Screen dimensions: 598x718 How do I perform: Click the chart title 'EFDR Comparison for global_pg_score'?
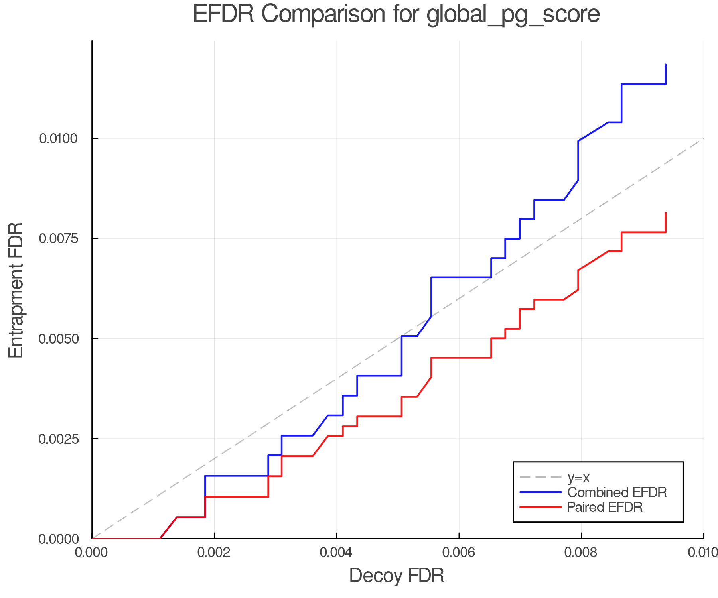click(x=396, y=14)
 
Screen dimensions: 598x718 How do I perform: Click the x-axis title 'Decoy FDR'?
click(x=396, y=576)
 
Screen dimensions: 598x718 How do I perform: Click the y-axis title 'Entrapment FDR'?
click(x=16, y=290)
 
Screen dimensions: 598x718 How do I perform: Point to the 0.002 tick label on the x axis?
click(x=214, y=552)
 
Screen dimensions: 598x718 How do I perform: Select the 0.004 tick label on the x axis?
click(x=337, y=552)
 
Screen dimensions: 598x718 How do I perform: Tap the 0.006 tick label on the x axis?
click(x=459, y=552)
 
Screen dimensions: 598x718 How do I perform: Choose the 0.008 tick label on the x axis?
click(x=581, y=552)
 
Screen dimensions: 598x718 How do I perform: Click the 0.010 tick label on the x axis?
click(x=703, y=552)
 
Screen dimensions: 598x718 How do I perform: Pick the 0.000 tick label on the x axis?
click(x=92, y=552)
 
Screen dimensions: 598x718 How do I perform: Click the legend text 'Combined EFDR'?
click(x=617, y=492)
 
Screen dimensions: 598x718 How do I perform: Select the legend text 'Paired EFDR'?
click(x=605, y=507)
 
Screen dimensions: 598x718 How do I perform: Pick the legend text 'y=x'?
click(x=578, y=477)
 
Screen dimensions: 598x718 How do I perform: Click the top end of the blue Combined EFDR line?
click(x=666, y=65)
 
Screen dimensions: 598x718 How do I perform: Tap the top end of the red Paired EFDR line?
click(x=666, y=213)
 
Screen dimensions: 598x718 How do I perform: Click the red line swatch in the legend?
click(x=540, y=507)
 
